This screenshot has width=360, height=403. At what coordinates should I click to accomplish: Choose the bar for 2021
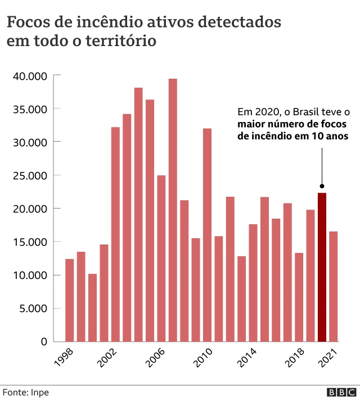(334, 286)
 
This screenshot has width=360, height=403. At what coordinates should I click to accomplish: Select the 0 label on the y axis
(43, 342)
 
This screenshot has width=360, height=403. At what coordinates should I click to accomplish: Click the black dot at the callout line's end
(322, 186)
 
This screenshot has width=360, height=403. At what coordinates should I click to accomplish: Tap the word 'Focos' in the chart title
(26, 22)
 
